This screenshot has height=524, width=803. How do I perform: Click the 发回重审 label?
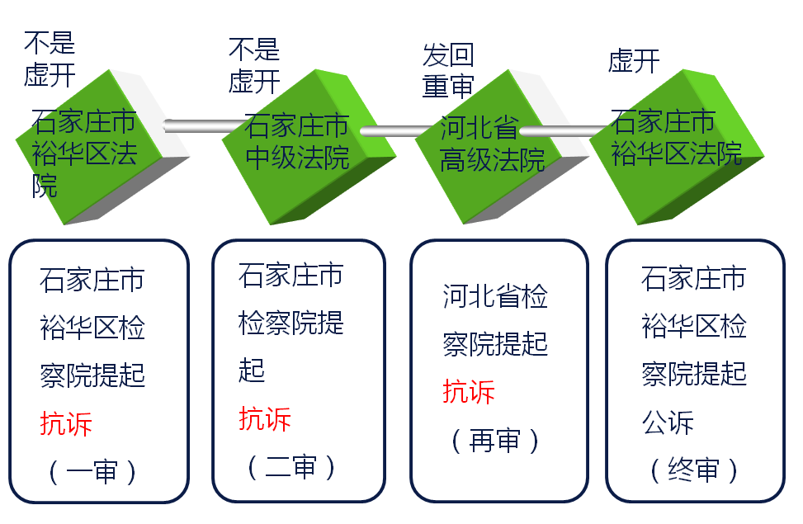point(448,71)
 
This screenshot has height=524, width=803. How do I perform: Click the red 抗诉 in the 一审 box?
point(66,423)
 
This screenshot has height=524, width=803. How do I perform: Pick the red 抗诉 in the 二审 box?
point(265,418)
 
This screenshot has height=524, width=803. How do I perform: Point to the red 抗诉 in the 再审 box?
point(469,391)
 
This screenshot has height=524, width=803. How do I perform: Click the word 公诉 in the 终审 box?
point(668,423)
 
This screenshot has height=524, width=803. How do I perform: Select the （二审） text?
point(291,468)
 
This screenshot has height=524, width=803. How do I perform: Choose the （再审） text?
point(495,441)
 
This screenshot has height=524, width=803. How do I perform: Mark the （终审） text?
point(694,470)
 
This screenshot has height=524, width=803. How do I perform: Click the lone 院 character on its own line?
point(45,186)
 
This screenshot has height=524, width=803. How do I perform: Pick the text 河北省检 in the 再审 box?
point(495,297)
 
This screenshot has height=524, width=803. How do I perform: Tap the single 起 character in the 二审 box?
point(252,371)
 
